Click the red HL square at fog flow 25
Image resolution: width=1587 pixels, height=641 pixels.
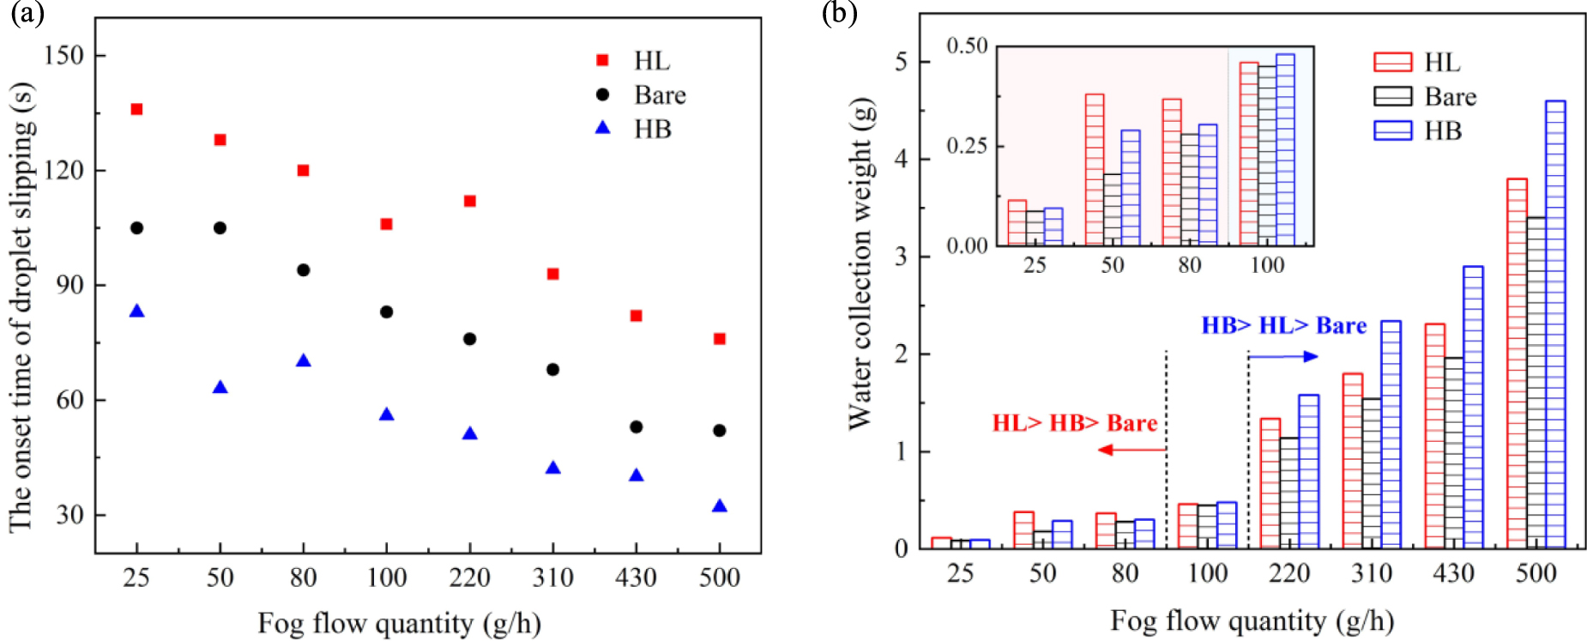[136, 109]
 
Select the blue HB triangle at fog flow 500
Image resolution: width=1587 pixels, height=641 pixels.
[720, 506]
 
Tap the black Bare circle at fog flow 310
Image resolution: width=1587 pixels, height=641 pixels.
[553, 370]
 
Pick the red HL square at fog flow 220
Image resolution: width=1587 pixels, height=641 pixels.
[470, 201]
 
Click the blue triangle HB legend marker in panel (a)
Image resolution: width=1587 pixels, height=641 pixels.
[603, 128]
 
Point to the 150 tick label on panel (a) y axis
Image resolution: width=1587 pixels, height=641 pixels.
[64, 56]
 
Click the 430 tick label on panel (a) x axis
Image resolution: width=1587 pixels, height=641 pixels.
[636, 578]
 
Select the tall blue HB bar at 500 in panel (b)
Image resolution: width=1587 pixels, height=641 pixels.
[1555, 324]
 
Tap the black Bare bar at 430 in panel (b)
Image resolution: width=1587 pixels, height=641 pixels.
[1454, 452]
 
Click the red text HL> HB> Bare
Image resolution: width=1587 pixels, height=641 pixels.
[1074, 423]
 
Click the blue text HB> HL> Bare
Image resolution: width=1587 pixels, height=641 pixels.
[1283, 326]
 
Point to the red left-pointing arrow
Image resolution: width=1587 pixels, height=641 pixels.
[1131, 450]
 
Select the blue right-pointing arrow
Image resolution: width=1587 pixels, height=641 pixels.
[1283, 356]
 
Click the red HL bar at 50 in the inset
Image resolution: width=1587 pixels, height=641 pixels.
[1095, 170]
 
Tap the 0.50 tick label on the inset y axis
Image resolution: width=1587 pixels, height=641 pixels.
[967, 46]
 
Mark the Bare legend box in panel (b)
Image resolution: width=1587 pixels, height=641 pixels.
[1392, 96]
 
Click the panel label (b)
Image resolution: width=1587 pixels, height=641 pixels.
[838, 13]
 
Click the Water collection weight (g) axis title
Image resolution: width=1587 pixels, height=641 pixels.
[860, 264]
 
